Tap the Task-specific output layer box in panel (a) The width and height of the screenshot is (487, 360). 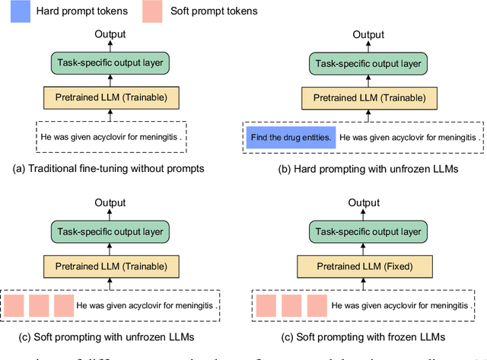(110, 63)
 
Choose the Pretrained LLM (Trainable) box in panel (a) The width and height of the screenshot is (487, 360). (110, 97)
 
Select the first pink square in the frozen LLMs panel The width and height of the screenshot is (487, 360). (266, 306)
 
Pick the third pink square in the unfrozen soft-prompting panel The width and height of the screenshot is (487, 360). (64, 306)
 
